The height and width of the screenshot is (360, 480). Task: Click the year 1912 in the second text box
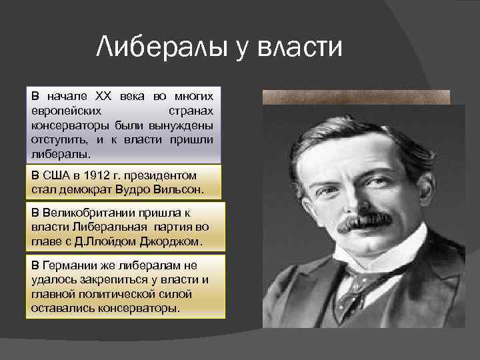[101, 175]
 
